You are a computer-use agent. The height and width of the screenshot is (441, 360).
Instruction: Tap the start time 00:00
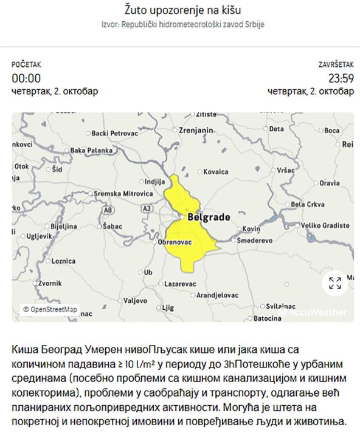[x=26, y=78]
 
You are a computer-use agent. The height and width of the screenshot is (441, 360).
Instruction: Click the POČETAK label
[x=26, y=64]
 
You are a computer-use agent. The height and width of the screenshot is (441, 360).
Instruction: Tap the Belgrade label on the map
[x=209, y=217]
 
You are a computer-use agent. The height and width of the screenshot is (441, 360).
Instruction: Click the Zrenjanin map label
[x=195, y=130]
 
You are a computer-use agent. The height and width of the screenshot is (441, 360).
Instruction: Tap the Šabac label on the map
[x=113, y=226]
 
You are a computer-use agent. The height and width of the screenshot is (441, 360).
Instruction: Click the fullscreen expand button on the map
[x=335, y=282]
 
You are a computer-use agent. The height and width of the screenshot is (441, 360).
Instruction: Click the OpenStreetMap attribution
[x=50, y=309]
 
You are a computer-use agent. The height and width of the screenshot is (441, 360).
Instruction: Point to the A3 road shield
[x=146, y=208]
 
